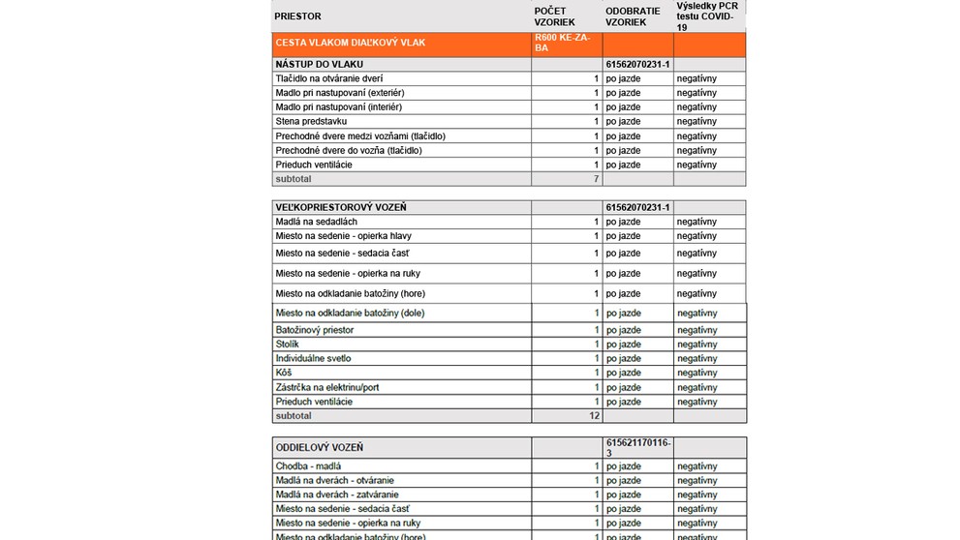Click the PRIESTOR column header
(298, 16)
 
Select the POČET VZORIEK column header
(555, 16)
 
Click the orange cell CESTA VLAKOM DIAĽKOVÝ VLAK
(351, 43)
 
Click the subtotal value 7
(597, 179)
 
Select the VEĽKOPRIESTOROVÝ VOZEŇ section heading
(341, 207)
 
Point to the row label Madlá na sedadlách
(316, 222)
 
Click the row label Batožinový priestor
(315, 330)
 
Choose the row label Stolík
(288, 345)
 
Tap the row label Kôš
(284, 373)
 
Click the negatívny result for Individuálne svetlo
(697, 358)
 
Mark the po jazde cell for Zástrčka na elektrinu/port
(623, 387)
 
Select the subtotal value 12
(595, 415)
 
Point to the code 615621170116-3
(637, 447)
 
